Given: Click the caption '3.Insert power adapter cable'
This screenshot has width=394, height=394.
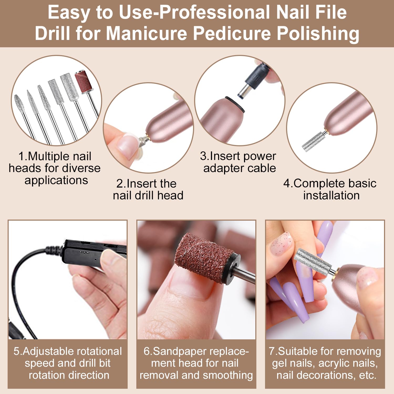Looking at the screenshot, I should (x=238, y=162).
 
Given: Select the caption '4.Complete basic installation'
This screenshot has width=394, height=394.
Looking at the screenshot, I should (x=330, y=189).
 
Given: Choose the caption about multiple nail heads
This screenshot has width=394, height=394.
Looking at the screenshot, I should (x=55, y=168).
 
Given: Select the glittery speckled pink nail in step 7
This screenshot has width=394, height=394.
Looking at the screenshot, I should (x=281, y=243).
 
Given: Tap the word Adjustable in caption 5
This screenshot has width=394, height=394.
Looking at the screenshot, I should (x=49, y=351).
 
